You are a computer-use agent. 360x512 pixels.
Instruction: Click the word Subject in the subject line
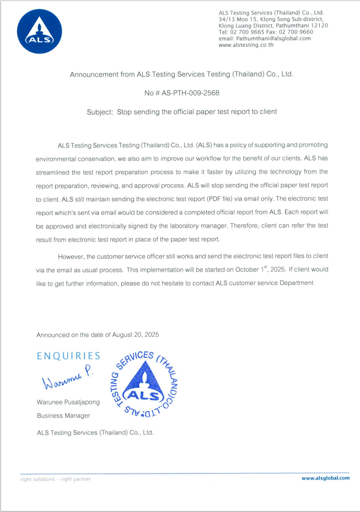(x=99, y=111)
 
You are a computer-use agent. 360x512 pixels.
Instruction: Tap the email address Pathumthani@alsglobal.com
(x=273, y=39)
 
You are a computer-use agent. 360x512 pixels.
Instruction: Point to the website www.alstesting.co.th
(x=246, y=45)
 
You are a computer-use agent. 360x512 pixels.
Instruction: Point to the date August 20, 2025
(x=136, y=335)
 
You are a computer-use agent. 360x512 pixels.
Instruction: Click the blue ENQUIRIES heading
(x=68, y=356)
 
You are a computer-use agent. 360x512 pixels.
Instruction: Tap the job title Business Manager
(x=63, y=415)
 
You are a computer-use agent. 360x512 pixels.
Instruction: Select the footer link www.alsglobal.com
(x=325, y=478)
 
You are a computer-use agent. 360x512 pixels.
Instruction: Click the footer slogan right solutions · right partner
(x=55, y=479)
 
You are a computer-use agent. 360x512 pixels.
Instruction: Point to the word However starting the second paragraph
(x=76, y=256)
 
